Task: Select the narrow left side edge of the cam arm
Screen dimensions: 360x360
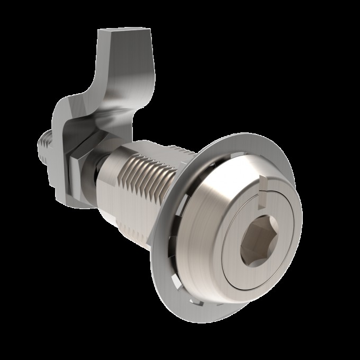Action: coord(101,58)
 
